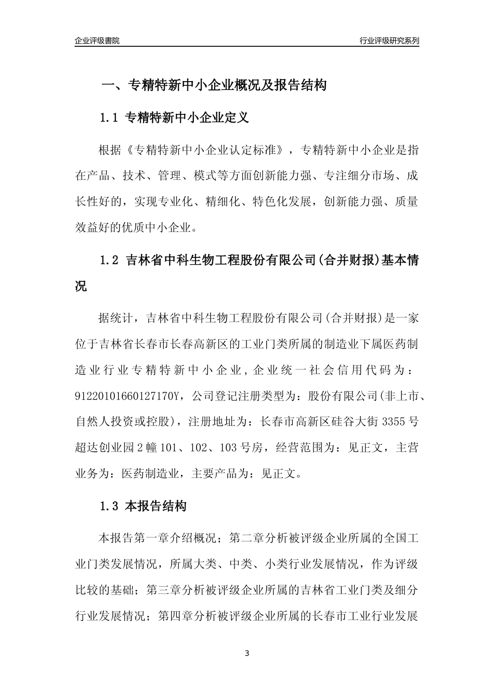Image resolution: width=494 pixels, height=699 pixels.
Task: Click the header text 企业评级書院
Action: tap(97, 41)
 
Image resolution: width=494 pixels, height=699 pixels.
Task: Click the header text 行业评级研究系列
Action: tap(389, 41)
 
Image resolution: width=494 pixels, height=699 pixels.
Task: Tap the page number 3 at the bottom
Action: tap(247, 653)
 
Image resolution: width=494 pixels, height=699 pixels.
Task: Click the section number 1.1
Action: tap(109, 118)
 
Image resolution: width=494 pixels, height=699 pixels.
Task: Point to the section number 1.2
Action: tap(109, 261)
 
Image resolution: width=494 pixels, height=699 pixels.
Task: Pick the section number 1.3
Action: tap(109, 506)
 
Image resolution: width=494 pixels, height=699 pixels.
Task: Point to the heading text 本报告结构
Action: tap(156, 506)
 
